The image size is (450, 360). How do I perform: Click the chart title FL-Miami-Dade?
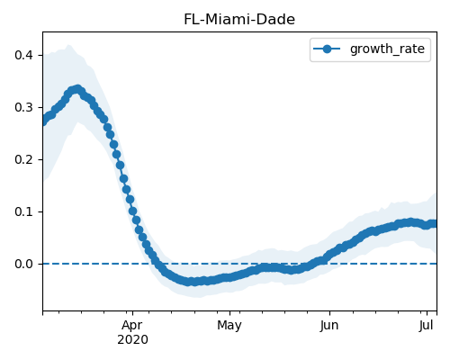[x=239, y=20]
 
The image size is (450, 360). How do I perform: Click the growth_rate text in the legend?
[x=387, y=49]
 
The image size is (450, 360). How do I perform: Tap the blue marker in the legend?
[x=327, y=49]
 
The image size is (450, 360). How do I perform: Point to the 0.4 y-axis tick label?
[x=23, y=55]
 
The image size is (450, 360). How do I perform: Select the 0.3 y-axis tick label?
[x=23, y=107]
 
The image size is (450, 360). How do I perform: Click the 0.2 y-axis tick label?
[x=23, y=159]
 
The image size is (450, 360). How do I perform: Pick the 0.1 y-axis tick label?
[x=23, y=211]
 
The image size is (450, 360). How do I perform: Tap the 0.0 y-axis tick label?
[x=23, y=264]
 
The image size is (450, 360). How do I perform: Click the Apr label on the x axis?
[x=132, y=326]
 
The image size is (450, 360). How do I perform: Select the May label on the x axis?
[x=229, y=326]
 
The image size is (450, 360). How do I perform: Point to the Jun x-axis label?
[x=329, y=326]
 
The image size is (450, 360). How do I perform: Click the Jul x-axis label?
[x=427, y=326]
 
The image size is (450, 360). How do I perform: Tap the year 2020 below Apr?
[x=132, y=340]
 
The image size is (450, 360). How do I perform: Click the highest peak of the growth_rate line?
[x=77, y=89]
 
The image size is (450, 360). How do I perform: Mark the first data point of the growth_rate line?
[x=43, y=121]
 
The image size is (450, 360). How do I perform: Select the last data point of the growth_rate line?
[x=434, y=224]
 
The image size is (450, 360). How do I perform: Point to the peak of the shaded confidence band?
[x=68, y=45]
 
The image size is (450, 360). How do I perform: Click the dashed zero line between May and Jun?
[x=280, y=264]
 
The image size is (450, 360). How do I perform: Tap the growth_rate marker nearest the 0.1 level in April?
[x=133, y=211]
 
